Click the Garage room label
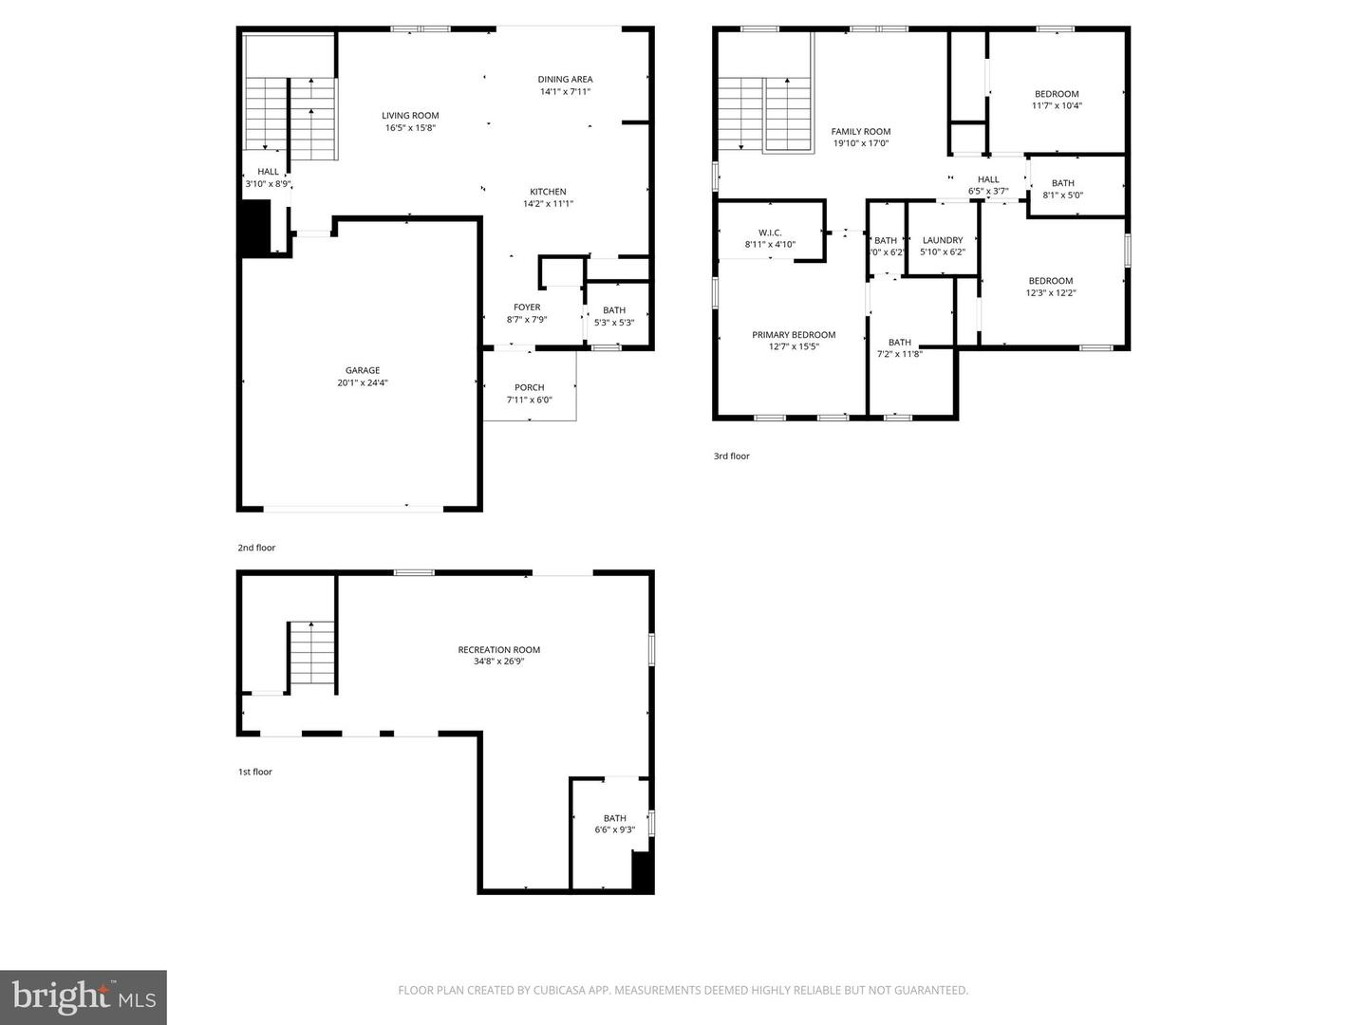pyautogui.click(x=363, y=370)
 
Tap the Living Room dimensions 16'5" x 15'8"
pyautogui.click(x=411, y=128)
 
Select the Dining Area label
pyautogui.click(x=565, y=80)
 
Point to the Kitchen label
pyautogui.click(x=548, y=192)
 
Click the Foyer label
pyautogui.click(x=527, y=307)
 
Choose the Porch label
pyautogui.click(x=529, y=387)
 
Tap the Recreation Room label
pyautogui.click(x=498, y=650)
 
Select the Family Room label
pyautogui.click(x=861, y=132)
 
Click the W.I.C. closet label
pyautogui.click(x=770, y=233)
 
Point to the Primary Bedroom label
pyautogui.click(x=794, y=335)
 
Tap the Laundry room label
pyautogui.click(x=943, y=240)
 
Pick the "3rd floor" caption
pyautogui.click(x=732, y=457)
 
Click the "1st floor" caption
pyautogui.click(x=255, y=772)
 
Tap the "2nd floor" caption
pyautogui.click(x=256, y=548)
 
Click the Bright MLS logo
pyautogui.click(x=84, y=997)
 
